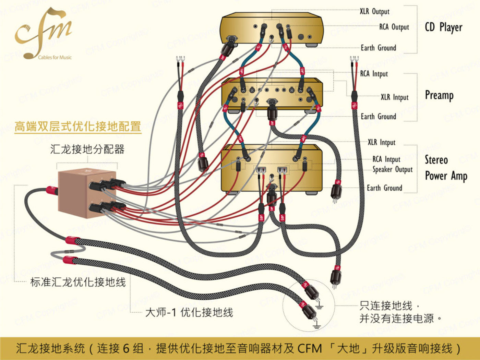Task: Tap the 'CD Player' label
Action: (x=443, y=27)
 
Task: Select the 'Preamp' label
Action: (x=439, y=95)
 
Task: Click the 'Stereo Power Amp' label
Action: (x=446, y=168)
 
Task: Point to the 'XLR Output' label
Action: (x=375, y=11)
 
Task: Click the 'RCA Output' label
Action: (x=394, y=27)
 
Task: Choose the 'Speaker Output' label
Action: (x=393, y=170)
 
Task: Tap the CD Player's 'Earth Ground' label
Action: (x=378, y=48)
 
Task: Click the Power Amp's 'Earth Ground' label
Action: (x=384, y=188)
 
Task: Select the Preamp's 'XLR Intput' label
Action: (x=395, y=97)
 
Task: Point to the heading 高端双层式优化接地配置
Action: (x=78, y=127)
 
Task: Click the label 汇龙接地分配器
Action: (x=87, y=149)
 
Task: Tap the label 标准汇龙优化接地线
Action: (x=78, y=282)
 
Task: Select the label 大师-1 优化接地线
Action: (x=189, y=312)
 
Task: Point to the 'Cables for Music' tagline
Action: (x=55, y=58)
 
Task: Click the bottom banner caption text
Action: (x=238, y=348)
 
